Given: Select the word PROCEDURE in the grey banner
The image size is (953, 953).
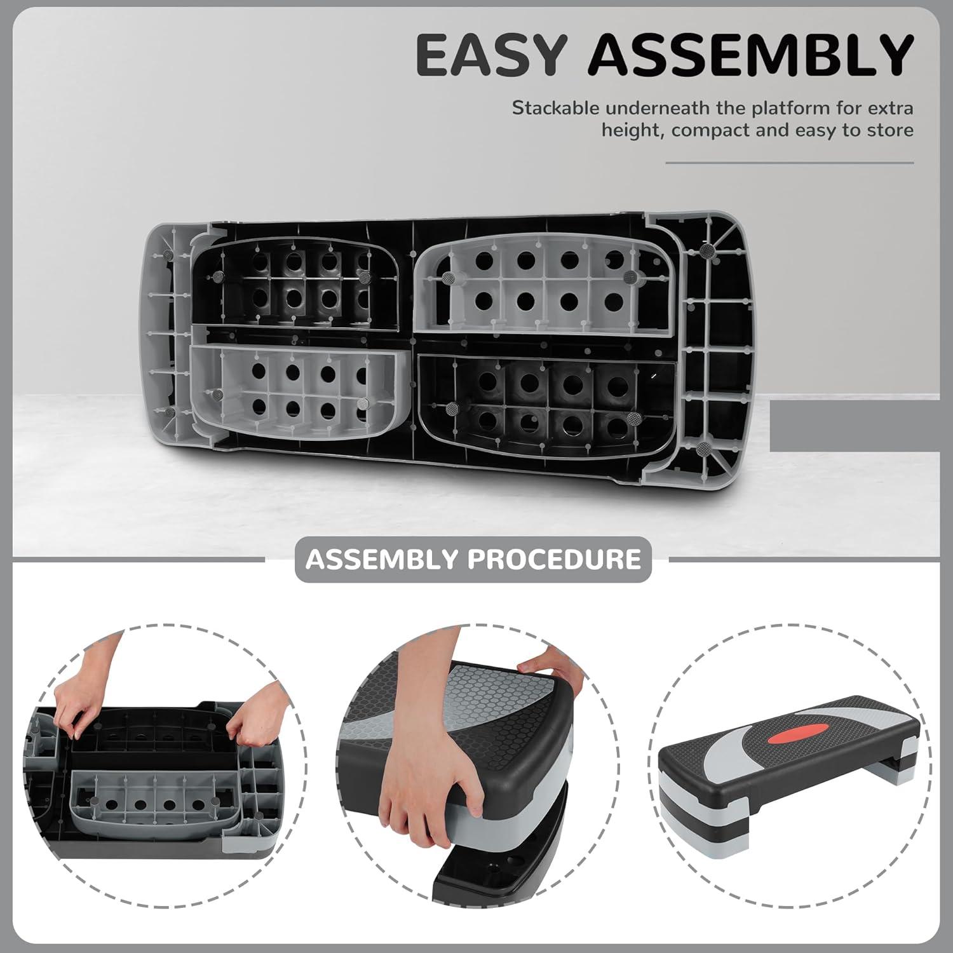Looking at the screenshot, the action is click(554, 559).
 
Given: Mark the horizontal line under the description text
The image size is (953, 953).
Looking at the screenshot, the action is click(790, 163).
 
